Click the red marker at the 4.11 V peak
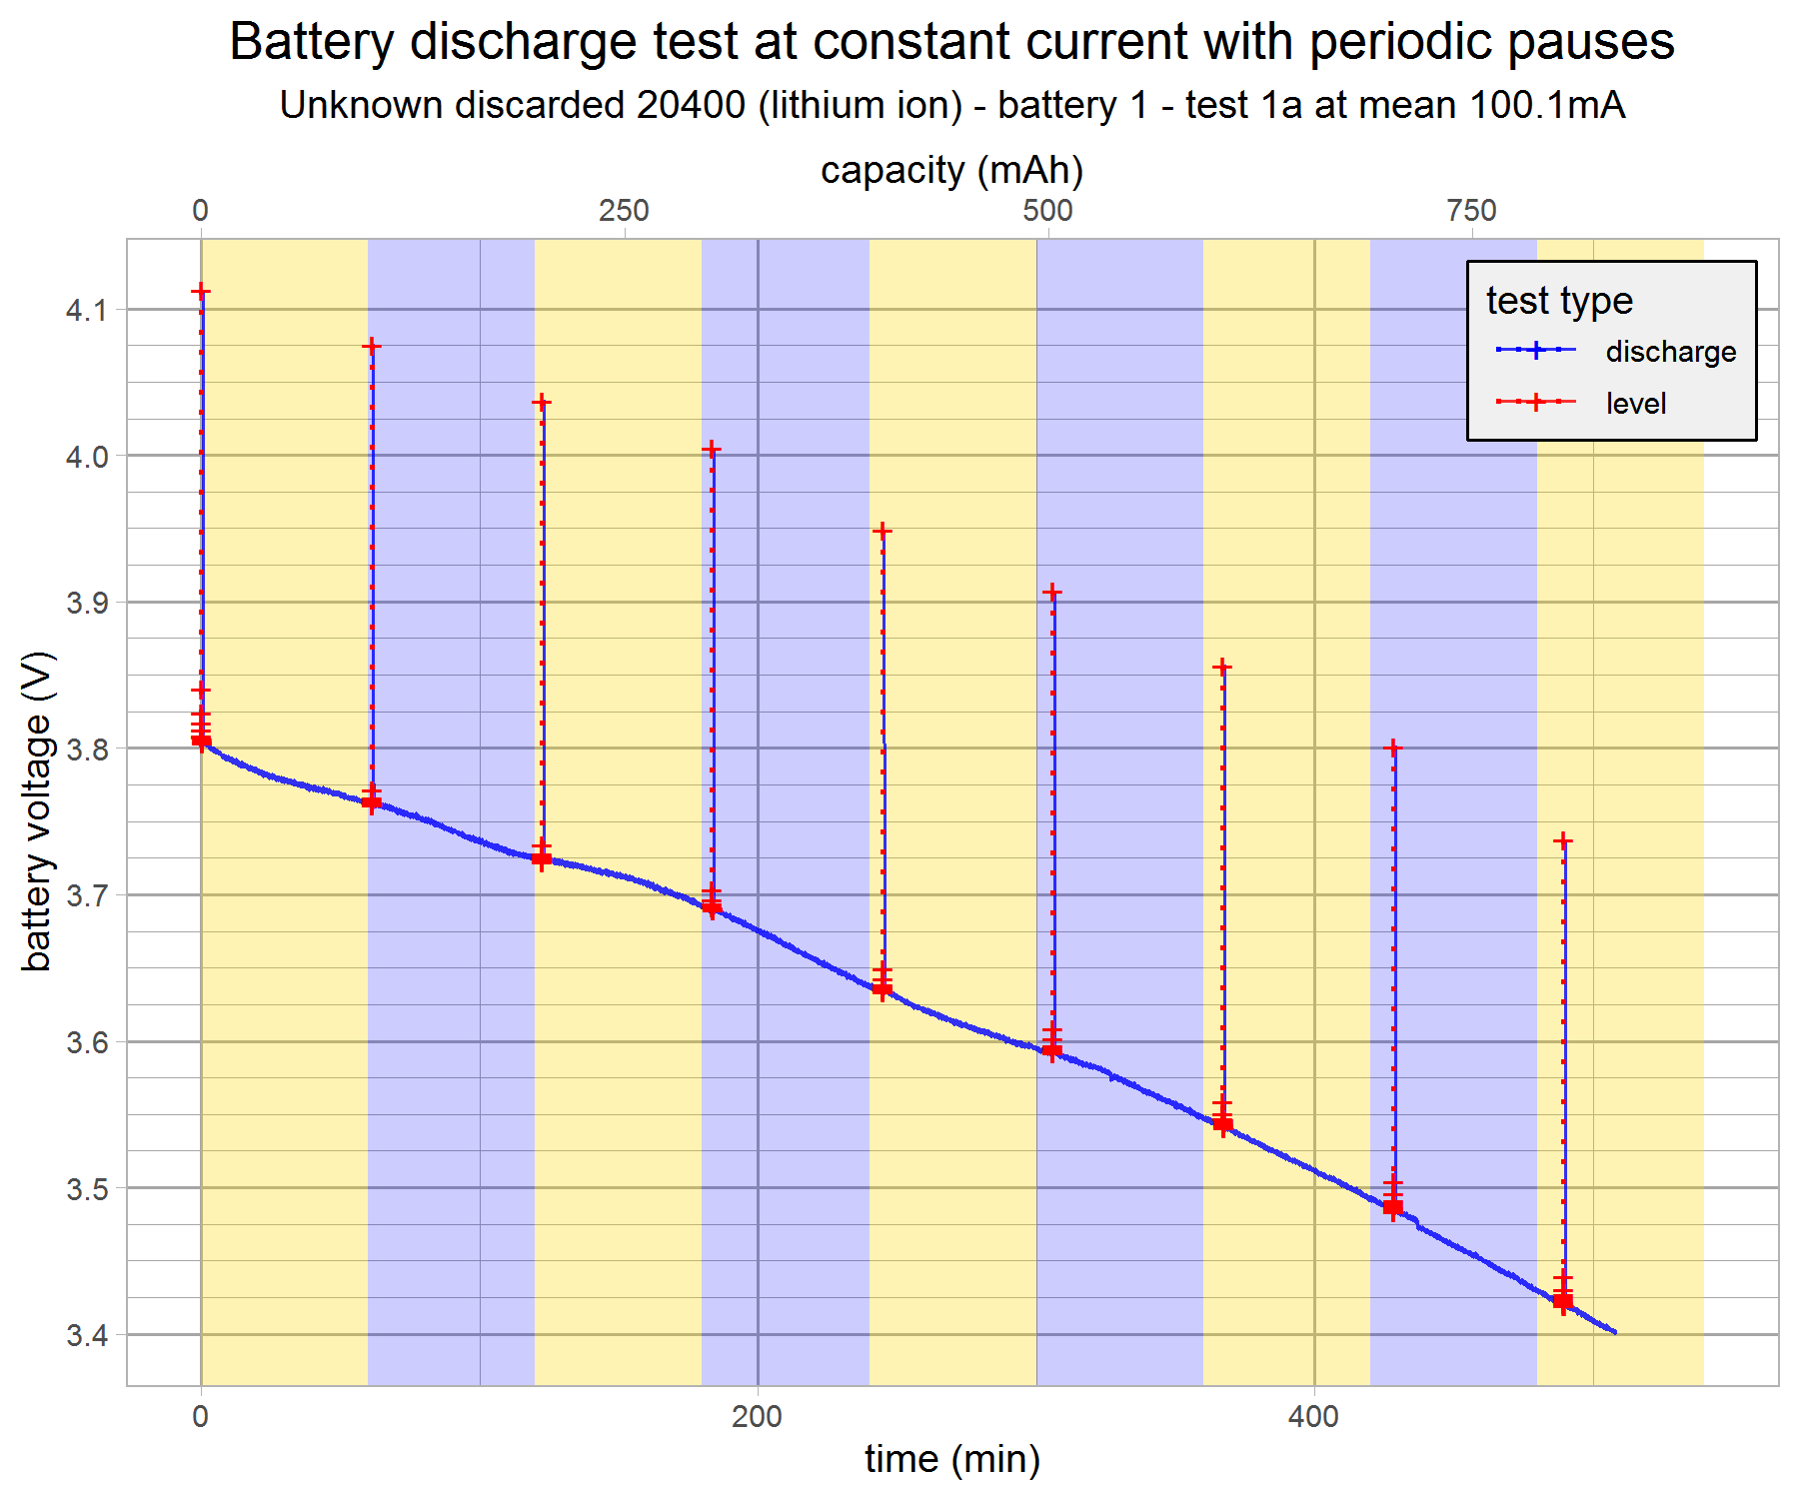coord(201,292)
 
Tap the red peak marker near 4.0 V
coord(711,450)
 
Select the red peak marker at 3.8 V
coord(1392,748)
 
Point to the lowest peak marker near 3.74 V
coord(1563,841)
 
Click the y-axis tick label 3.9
coord(86,603)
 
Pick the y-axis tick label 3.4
coord(86,1335)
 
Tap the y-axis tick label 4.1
coord(86,311)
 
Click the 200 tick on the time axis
coord(757,1416)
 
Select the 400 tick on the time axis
coord(1313,1416)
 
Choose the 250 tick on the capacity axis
coord(625,211)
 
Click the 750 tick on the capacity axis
coord(1472,211)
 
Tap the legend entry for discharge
coord(1670,352)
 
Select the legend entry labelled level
coord(1636,404)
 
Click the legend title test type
coord(1559,300)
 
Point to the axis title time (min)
coord(952,1459)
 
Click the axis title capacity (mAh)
coord(952,170)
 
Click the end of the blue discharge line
coord(1614,1332)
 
